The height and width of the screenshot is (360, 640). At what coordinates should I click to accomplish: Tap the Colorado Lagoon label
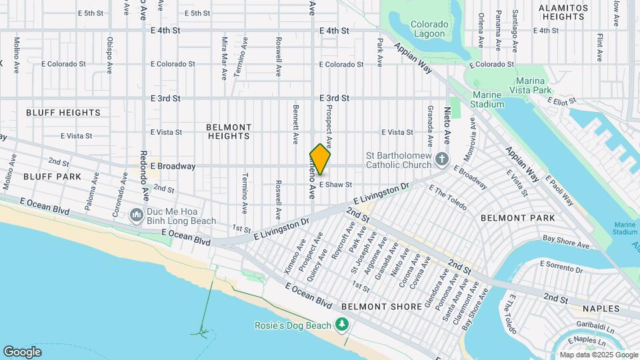pos(429,29)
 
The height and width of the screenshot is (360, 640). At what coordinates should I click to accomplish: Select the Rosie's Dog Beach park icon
pos(342,325)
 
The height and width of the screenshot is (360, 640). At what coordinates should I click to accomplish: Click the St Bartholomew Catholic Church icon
pos(441,159)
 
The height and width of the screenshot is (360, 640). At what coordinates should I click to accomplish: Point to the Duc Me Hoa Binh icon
pos(137,215)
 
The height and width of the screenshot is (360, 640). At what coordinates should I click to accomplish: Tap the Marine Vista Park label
pos(534,85)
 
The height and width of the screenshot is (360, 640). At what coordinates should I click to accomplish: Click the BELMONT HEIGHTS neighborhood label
pos(229,131)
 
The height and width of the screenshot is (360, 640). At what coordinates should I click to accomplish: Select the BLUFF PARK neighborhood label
pos(52,177)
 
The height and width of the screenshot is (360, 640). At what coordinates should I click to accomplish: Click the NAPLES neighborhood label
pos(601,309)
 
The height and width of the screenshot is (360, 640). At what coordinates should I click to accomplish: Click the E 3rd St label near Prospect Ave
pos(334,98)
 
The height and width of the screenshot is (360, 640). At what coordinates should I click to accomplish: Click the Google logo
pos(22,351)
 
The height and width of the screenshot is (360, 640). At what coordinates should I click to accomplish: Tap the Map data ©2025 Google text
pos(598,355)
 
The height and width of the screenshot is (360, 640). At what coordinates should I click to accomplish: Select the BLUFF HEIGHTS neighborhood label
pos(63,113)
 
